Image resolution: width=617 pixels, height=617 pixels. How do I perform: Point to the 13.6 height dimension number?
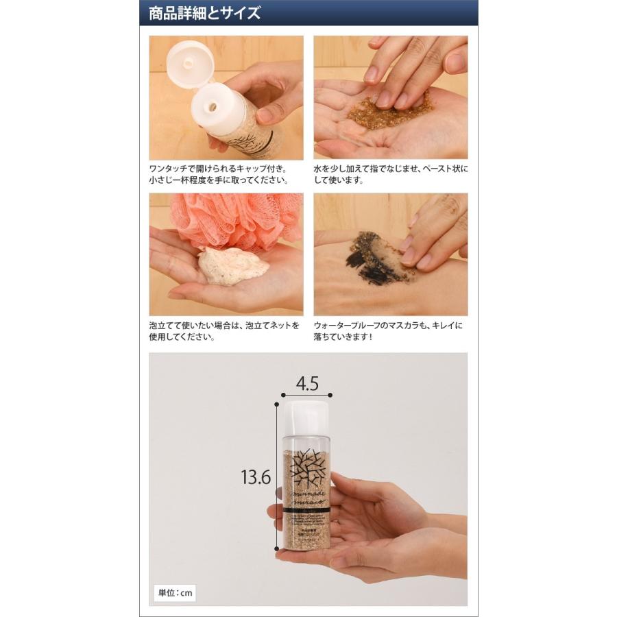[255, 476]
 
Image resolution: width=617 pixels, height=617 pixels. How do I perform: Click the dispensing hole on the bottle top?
[213, 107]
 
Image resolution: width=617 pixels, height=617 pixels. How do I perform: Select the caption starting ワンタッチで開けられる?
[219, 174]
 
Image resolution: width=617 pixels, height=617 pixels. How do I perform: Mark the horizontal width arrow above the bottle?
[306, 396]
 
